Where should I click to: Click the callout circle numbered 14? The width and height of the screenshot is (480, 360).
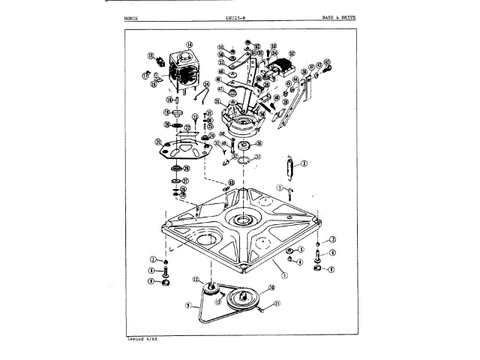click(190, 43)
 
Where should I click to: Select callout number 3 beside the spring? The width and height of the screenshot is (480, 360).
click(304, 163)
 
